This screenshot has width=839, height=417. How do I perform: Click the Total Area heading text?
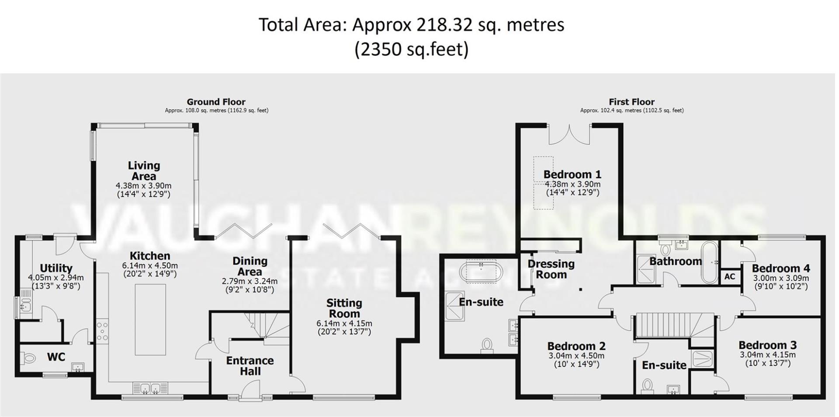[411, 24]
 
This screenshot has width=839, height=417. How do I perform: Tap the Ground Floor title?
[216, 102]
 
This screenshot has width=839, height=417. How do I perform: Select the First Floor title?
[631, 102]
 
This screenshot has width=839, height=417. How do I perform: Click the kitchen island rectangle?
[150, 320]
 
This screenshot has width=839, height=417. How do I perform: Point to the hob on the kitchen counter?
[102, 331]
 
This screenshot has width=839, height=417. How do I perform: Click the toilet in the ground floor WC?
[28, 359]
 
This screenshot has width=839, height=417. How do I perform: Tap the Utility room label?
[56, 268]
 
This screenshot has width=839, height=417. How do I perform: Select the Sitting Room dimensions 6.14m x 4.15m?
[344, 324]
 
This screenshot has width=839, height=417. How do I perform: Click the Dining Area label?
[250, 266]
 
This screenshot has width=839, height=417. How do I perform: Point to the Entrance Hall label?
[250, 366]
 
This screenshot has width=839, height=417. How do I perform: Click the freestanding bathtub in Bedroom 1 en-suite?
[481, 271]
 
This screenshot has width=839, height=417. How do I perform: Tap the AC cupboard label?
[729, 277]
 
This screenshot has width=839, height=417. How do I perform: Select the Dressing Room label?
[551, 269]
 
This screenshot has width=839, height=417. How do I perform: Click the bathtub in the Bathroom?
[709, 262]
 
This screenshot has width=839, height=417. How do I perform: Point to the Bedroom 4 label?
[780, 268]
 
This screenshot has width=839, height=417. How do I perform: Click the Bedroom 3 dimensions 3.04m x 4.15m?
[767, 355]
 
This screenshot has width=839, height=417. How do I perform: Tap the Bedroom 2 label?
[576, 346]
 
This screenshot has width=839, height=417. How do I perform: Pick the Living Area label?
[144, 171]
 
